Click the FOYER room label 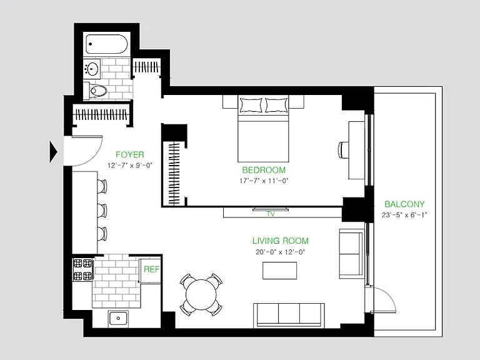click(x=130, y=154)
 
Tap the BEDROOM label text click(x=264, y=170)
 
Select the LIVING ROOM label click(x=281, y=241)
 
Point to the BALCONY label click(x=404, y=204)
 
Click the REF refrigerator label click(x=151, y=269)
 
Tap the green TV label click(x=271, y=214)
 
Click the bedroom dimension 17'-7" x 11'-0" click(x=264, y=181)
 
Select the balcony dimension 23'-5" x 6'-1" click(x=404, y=215)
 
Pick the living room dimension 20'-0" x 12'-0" click(x=281, y=252)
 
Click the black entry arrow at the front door click(x=54, y=151)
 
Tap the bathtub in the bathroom click(x=106, y=44)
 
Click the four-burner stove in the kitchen click(x=82, y=270)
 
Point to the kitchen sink click(x=118, y=318)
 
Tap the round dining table click(x=201, y=294)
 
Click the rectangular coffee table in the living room click(x=279, y=270)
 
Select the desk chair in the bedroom click(x=343, y=149)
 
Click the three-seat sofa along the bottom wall click(x=289, y=315)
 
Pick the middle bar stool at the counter click(x=102, y=210)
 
